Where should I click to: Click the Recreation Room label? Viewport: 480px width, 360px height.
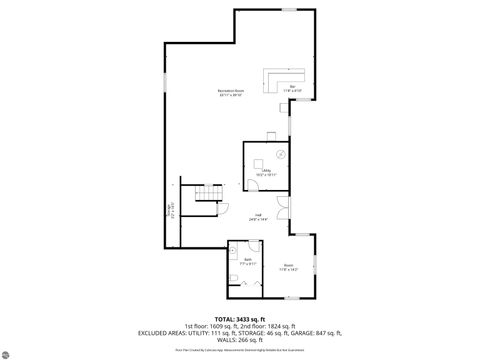(231, 93)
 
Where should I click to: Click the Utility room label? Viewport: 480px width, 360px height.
(267, 173)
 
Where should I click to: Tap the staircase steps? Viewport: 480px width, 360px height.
(209, 194)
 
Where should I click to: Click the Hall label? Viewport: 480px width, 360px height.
(257, 217)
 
